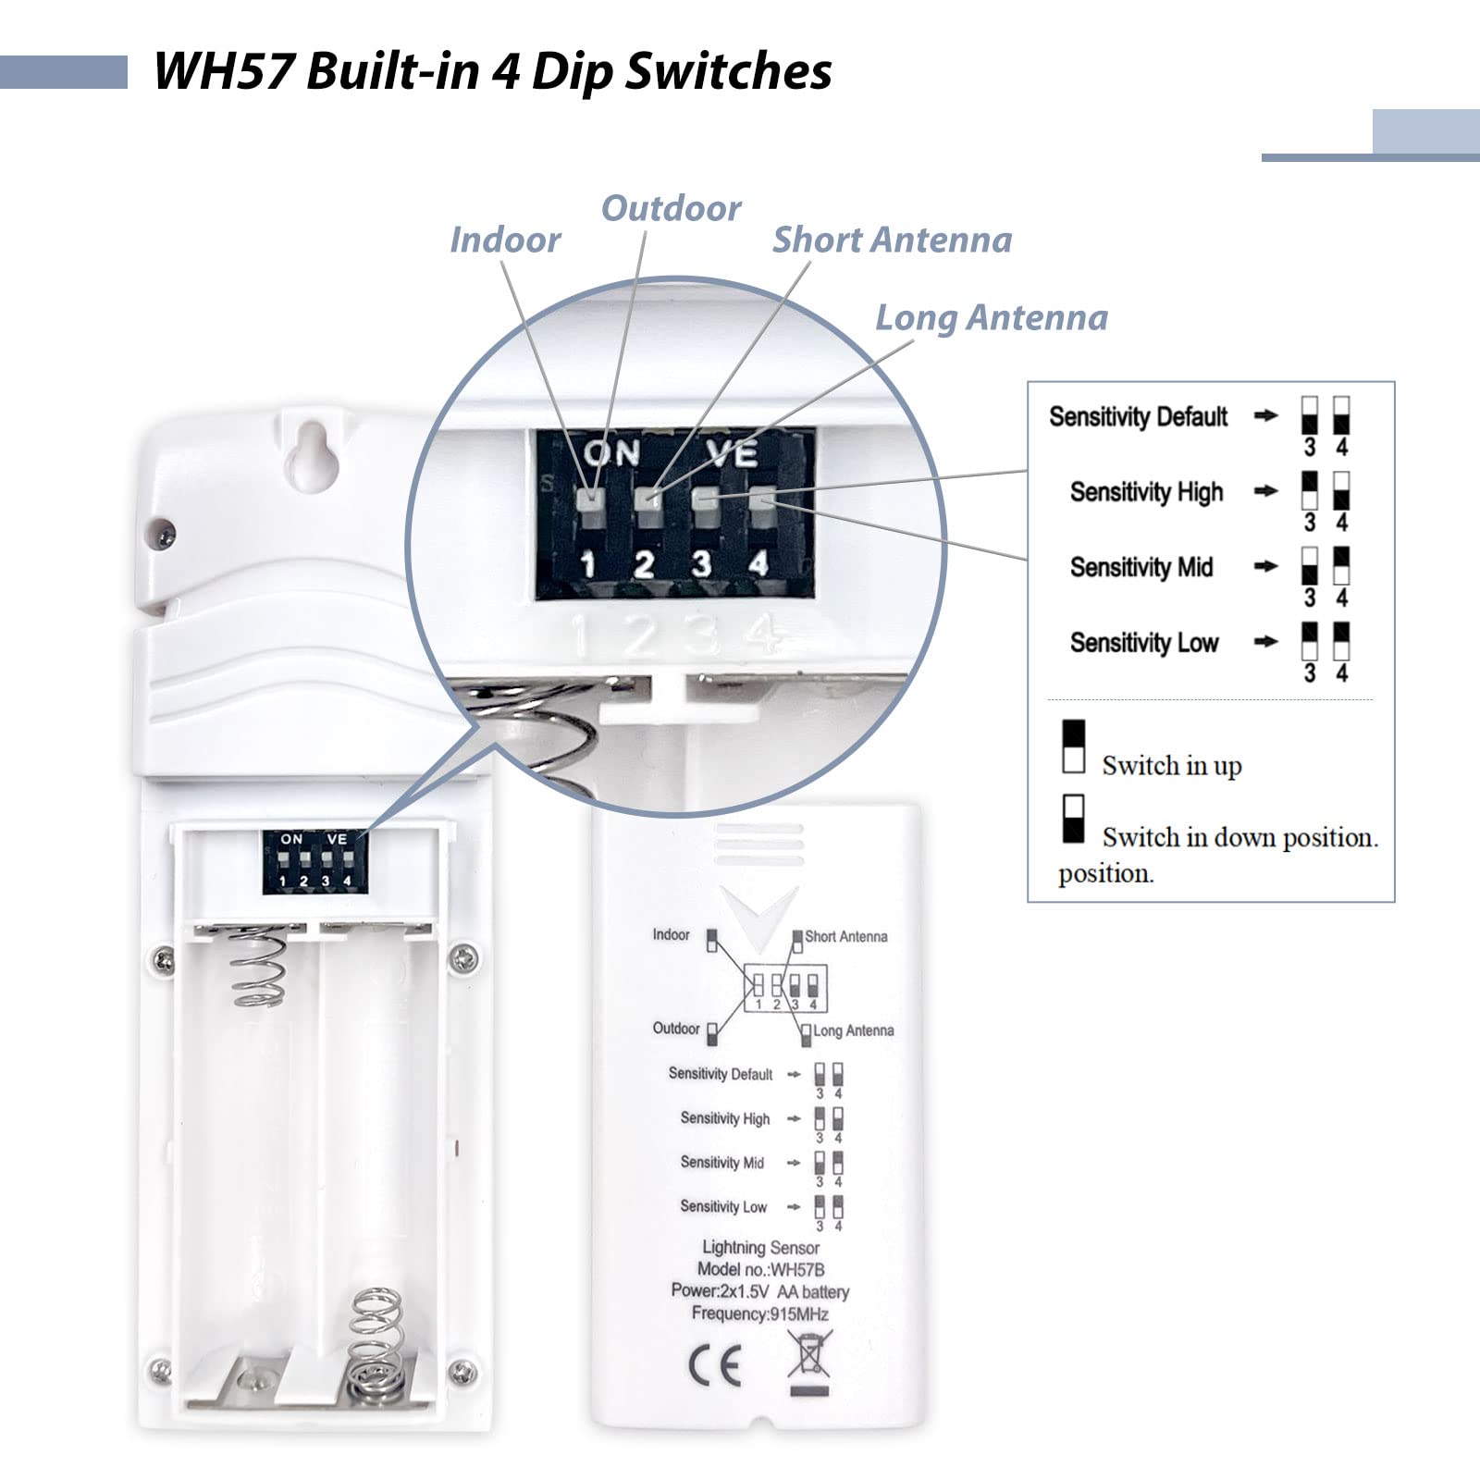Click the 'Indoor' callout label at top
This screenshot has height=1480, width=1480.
point(505,240)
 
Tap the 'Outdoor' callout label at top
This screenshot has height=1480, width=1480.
point(671,208)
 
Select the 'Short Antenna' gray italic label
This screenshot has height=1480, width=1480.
point(892,240)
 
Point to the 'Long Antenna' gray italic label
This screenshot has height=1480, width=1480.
point(992,317)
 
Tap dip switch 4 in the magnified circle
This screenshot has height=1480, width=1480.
point(762,500)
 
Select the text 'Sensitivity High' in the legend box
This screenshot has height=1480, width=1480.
point(1146,491)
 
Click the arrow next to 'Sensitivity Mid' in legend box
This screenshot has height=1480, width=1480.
point(1264,566)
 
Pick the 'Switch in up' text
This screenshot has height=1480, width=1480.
point(1171,765)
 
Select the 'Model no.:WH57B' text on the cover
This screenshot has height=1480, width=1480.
point(760,1270)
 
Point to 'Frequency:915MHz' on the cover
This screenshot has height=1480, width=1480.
point(759,1313)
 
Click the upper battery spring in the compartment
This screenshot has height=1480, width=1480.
point(257,967)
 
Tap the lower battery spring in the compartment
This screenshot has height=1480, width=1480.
point(376,1341)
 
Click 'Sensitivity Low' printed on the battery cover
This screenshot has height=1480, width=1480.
point(723,1206)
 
